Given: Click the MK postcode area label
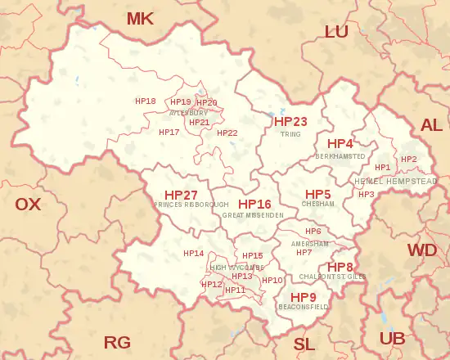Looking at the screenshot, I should [x=140, y=18].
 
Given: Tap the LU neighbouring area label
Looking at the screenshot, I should [x=336, y=32].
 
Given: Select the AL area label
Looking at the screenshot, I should [x=430, y=125].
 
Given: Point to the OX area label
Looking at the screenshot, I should [x=28, y=205].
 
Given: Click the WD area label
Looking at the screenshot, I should [x=422, y=250].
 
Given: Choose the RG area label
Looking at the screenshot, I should [x=117, y=342].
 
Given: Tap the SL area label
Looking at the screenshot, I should [x=304, y=344].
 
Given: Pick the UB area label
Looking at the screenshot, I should [x=392, y=338].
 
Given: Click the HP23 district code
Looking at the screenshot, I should [x=290, y=122].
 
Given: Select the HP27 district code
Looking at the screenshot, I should [x=181, y=195].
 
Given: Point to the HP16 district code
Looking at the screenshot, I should [x=254, y=204].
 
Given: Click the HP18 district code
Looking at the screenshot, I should [x=145, y=101].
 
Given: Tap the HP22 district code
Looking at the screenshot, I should [x=227, y=133].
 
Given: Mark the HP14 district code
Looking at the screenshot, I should [x=193, y=254].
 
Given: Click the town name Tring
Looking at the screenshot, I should [x=290, y=134].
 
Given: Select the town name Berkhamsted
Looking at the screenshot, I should [x=340, y=155].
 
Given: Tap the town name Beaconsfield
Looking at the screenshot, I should [x=304, y=307].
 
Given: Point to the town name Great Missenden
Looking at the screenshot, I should [x=253, y=214].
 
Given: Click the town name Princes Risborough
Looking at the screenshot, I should [x=191, y=205].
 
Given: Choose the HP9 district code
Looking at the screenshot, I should [x=304, y=296].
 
